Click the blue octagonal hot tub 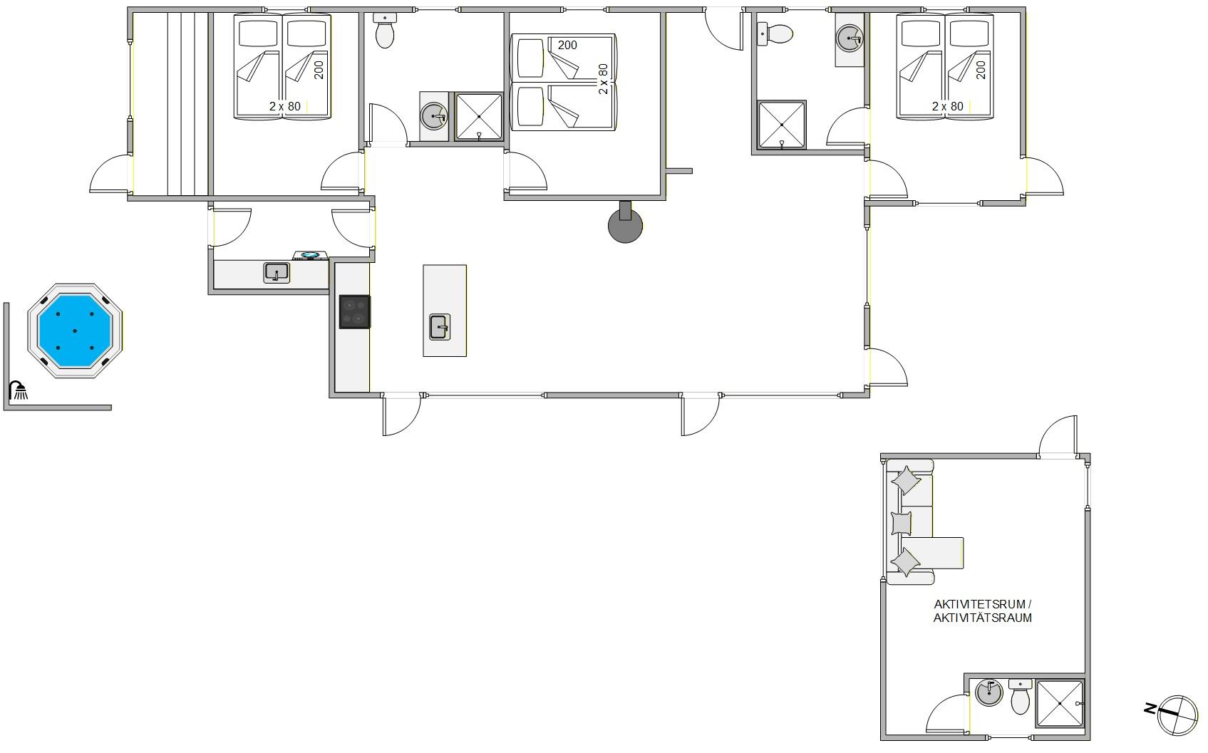(75, 331)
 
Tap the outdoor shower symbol (19, 390)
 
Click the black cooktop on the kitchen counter (354, 312)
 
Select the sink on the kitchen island (440, 327)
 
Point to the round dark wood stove (625, 226)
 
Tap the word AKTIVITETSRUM (979, 604)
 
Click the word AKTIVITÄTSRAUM (983, 618)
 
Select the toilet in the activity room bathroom (1020, 697)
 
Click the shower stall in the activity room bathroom (1060, 703)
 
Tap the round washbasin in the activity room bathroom (989, 692)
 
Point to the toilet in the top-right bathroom (775, 34)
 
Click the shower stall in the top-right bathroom (781, 125)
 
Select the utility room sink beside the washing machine (277, 273)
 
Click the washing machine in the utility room (310, 256)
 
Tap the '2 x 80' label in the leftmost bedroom (285, 107)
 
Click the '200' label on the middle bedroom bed (567, 46)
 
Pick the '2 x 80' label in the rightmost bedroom (948, 107)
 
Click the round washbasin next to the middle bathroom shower (434, 116)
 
